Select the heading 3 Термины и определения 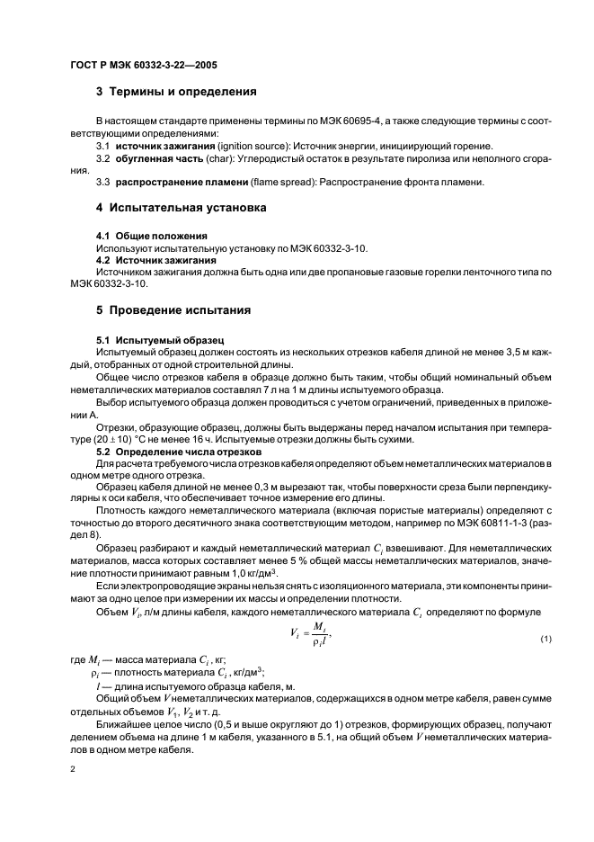(177, 91)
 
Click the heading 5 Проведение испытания (173, 310)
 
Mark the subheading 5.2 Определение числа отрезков (178, 450)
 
